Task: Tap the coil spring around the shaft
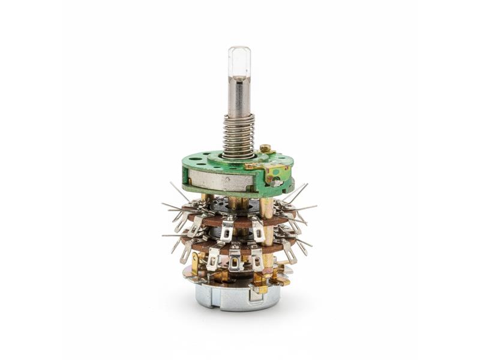click(239, 133)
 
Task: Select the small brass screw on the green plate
click(265, 148)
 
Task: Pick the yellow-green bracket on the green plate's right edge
click(277, 174)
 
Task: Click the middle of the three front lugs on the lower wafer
click(235, 260)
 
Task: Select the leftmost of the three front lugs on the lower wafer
click(213, 259)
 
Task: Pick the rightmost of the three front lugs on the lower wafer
click(257, 260)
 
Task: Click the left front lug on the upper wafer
click(227, 229)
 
